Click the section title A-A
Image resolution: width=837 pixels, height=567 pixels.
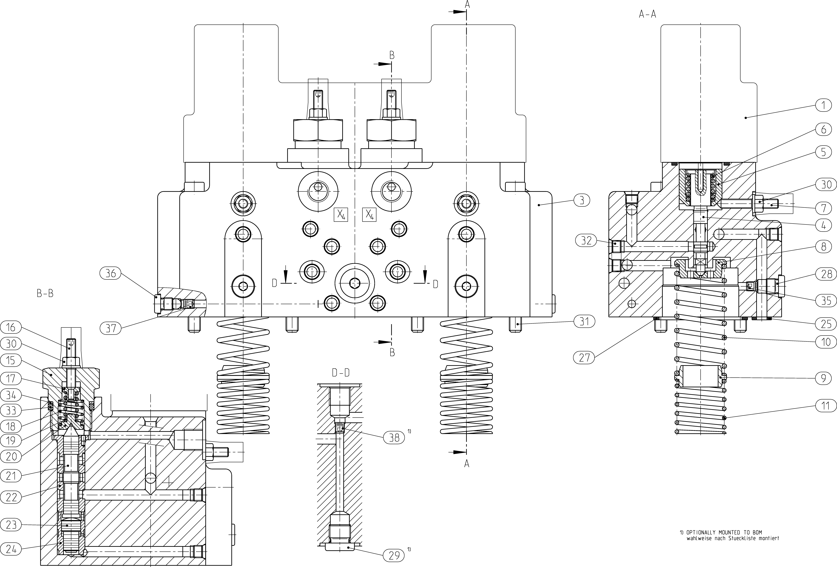(647, 14)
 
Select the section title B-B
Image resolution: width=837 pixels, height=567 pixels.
(45, 294)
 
